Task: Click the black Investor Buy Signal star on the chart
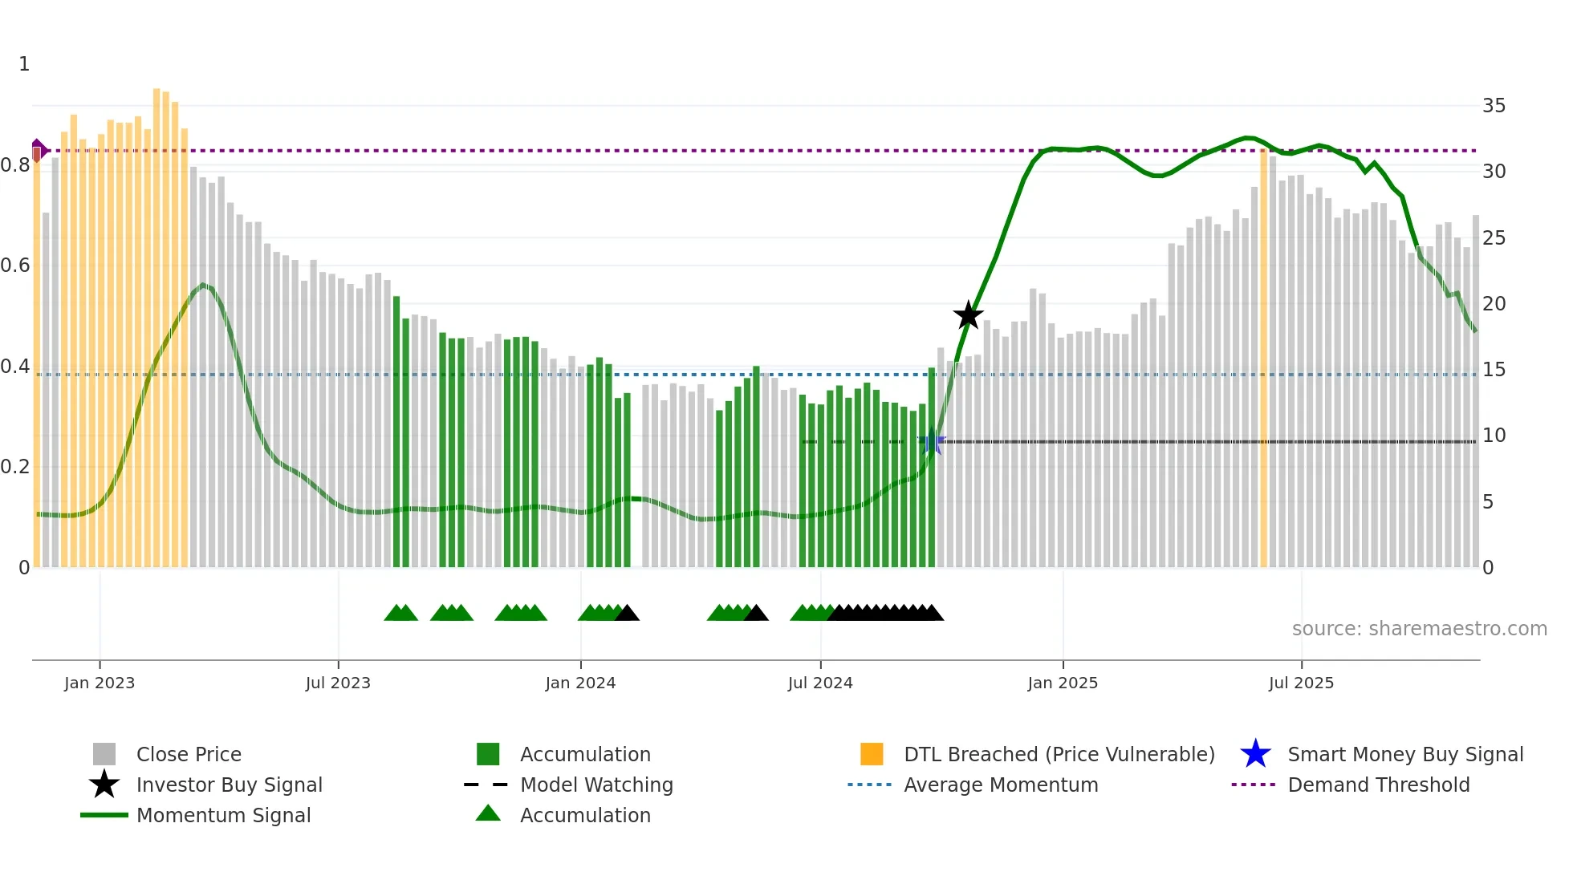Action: pyautogui.click(x=968, y=315)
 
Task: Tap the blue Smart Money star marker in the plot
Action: pyautogui.click(x=932, y=442)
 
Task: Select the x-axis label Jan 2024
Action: pyautogui.click(x=580, y=683)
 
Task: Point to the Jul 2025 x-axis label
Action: pyautogui.click(x=1301, y=683)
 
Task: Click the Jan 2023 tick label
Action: pyautogui.click(x=100, y=683)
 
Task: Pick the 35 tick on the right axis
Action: pyautogui.click(x=1494, y=106)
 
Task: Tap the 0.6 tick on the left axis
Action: pyautogui.click(x=16, y=266)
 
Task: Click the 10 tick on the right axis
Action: pyautogui.click(x=1494, y=436)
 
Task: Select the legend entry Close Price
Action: pyautogui.click(x=189, y=754)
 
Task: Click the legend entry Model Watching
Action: pyautogui.click(x=596, y=785)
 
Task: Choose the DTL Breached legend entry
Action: pyautogui.click(x=1059, y=754)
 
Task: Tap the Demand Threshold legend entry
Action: pyautogui.click(x=1378, y=785)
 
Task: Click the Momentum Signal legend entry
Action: pyautogui.click(x=223, y=815)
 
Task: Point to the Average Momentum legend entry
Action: pyautogui.click(x=1001, y=785)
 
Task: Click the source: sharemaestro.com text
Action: pyautogui.click(x=1419, y=629)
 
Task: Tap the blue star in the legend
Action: pyautogui.click(x=1255, y=754)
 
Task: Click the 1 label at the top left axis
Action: pyautogui.click(x=24, y=64)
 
